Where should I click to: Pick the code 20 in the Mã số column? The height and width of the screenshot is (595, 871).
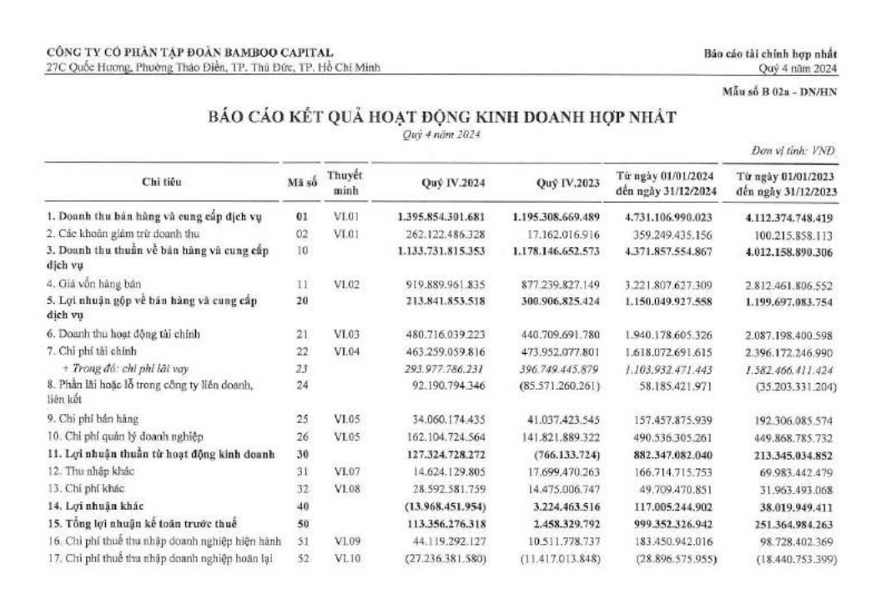pos(301,300)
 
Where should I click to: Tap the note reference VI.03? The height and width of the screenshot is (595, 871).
pos(345,334)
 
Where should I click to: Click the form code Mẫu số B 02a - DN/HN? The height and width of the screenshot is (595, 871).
pos(779,92)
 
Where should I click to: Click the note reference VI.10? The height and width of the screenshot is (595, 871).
pos(345,558)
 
